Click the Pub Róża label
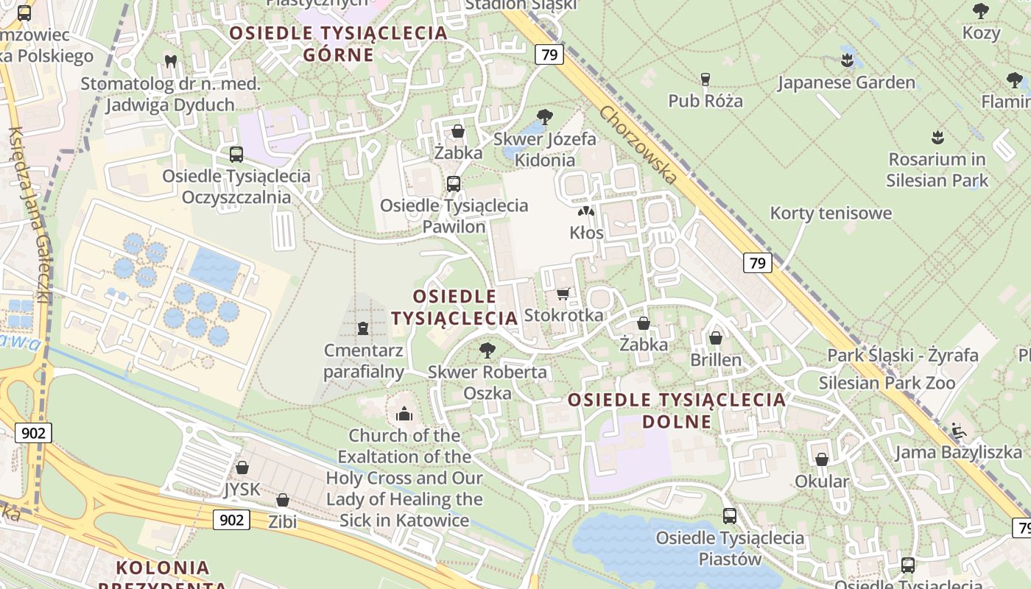click(705, 100)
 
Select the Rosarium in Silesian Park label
click(937, 169)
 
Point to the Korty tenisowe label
click(831, 214)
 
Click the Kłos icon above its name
click(586, 211)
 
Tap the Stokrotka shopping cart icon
click(563, 294)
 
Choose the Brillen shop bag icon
click(715, 338)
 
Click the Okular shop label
click(822, 482)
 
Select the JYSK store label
click(242, 490)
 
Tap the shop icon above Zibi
click(282, 501)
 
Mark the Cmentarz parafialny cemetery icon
click(362, 328)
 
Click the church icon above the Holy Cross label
click(404, 415)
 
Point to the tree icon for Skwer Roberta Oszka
click(487, 350)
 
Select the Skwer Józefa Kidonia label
click(545, 149)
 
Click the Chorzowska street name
click(637, 146)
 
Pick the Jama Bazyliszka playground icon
click(958, 431)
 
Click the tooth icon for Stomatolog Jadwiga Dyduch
click(171, 62)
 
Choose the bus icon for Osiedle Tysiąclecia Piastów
click(730, 516)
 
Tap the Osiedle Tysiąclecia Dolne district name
click(677, 410)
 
